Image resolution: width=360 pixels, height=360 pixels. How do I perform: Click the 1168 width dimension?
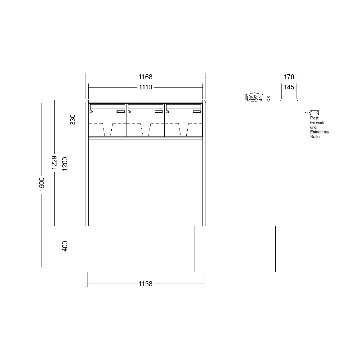tap(146, 77)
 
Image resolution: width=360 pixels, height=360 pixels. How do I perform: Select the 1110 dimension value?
tap(146, 87)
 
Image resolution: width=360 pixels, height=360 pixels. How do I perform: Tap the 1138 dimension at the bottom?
tap(146, 284)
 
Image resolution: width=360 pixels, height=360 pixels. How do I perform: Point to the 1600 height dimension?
tap(41, 184)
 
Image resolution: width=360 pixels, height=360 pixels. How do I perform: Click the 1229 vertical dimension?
tap(54, 163)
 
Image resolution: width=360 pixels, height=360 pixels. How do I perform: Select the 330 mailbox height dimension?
tap(73, 120)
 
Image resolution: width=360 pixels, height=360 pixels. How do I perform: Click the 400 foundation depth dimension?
tap(65, 246)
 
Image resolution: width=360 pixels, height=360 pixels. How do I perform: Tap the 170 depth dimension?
tap(289, 77)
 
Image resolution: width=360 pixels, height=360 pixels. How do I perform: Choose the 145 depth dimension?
tap(289, 87)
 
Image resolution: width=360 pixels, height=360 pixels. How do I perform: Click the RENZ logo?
tap(254, 97)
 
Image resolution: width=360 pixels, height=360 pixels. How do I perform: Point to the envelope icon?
tap(314, 113)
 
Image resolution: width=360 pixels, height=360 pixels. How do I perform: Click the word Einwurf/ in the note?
tap(317, 123)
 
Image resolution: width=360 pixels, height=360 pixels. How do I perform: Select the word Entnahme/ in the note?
tap(319, 132)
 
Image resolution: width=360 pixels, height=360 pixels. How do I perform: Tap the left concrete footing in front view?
tap(87, 249)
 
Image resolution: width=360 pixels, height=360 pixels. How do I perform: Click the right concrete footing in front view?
tap(204, 249)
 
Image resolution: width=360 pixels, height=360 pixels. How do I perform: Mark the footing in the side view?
tap(289, 249)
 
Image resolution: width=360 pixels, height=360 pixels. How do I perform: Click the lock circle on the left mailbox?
tap(91, 112)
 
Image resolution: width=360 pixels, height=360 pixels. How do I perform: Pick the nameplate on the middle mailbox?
tap(158, 112)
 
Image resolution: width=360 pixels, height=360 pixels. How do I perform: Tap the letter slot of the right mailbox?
tap(184, 107)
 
